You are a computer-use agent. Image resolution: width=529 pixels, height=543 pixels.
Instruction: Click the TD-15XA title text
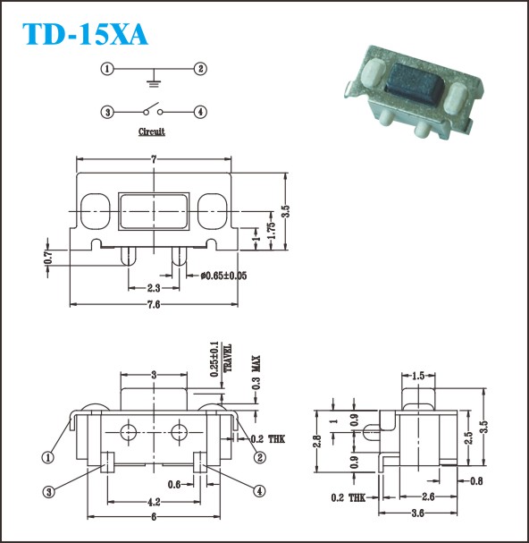pyautogui.click(x=85, y=34)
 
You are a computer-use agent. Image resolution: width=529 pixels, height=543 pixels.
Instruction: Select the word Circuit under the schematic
pyautogui.click(x=152, y=132)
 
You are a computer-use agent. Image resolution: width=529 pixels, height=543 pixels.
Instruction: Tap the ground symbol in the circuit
pyautogui.click(x=154, y=83)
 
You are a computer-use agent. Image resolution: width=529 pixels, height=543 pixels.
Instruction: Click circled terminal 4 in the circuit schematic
pyautogui.click(x=200, y=112)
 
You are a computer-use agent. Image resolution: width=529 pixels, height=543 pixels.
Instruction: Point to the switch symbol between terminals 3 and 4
pyautogui.click(x=153, y=109)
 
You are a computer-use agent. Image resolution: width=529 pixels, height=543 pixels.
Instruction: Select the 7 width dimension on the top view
pyautogui.click(x=154, y=159)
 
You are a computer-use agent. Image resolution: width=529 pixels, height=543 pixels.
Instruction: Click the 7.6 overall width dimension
pyautogui.click(x=154, y=304)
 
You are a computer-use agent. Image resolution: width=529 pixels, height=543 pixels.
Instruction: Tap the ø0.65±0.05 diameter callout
pyautogui.click(x=223, y=276)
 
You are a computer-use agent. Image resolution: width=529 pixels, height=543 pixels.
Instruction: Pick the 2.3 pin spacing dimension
pyautogui.click(x=154, y=288)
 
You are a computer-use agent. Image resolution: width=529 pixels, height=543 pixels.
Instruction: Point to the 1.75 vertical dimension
pyautogui.click(x=272, y=230)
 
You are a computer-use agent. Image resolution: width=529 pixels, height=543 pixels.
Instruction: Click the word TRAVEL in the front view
pyautogui.click(x=227, y=358)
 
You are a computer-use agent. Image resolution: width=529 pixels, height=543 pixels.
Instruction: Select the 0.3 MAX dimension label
pyautogui.click(x=256, y=372)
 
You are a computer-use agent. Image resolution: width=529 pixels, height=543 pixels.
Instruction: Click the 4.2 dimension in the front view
pyautogui.click(x=154, y=502)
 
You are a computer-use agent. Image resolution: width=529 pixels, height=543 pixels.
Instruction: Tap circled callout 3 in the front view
pyautogui.click(x=48, y=492)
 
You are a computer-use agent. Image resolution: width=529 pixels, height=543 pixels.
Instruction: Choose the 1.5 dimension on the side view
pyautogui.click(x=418, y=376)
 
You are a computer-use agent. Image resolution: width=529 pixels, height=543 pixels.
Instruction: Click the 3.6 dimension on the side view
pyautogui.click(x=418, y=513)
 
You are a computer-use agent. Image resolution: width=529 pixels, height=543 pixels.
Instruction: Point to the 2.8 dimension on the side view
pyautogui.click(x=317, y=441)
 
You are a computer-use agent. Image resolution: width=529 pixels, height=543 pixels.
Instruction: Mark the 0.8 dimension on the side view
pyautogui.click(x=476, y=480)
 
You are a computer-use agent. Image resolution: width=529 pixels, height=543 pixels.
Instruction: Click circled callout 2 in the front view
pyautogui.click(x=259, y=457)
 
